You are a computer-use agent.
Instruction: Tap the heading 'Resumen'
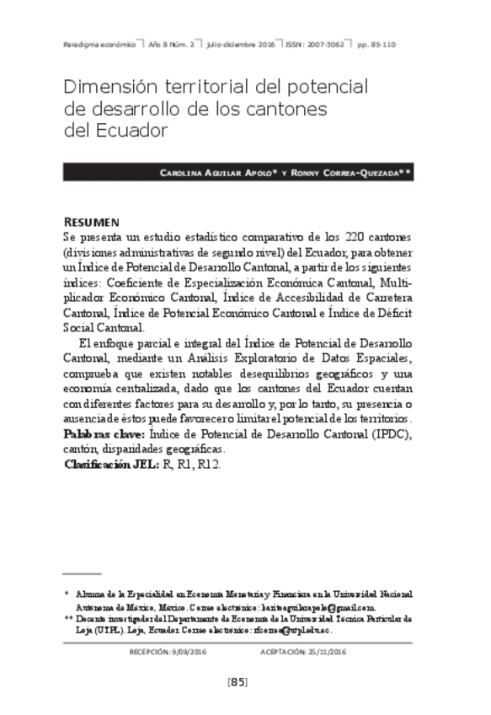click(x=91, y=221)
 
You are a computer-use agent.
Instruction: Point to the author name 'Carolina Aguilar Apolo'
click(x=218, y=172)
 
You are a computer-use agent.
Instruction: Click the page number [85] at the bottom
click(x=237, y=682)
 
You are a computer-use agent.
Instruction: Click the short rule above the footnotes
click(x=82, y=573)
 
